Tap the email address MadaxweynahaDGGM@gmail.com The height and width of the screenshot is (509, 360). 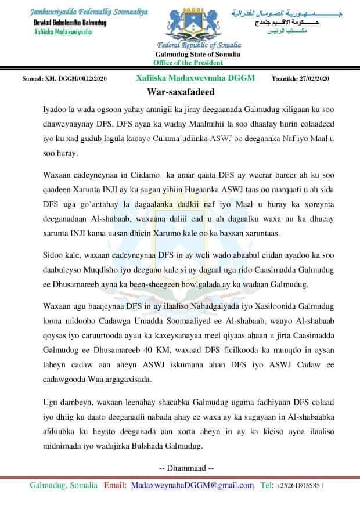[x=193, y=485]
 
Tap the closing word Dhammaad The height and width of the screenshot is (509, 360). [x=186, y=467]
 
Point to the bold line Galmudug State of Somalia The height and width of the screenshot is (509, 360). [x=201, y=54]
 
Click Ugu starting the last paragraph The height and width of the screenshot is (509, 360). [x=51, y=402]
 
